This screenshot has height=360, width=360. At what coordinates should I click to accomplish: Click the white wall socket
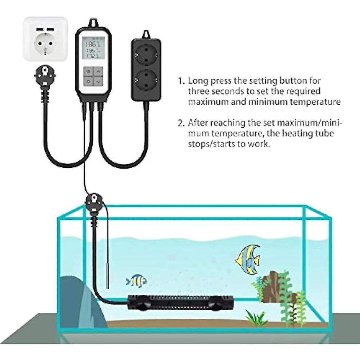45,39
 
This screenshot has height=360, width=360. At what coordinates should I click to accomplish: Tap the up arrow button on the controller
99,72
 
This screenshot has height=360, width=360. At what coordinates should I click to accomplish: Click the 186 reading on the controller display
92,44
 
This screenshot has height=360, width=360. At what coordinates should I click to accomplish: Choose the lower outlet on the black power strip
146,80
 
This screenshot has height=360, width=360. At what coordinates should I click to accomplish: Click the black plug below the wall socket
45,78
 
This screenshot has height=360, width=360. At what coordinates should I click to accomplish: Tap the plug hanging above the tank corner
94,204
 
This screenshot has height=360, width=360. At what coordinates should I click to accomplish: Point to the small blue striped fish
136,281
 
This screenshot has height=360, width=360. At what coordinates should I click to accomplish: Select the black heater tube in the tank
180,303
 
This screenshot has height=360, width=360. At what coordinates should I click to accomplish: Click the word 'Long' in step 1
198,81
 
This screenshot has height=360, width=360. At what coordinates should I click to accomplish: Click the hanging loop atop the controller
93,23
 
